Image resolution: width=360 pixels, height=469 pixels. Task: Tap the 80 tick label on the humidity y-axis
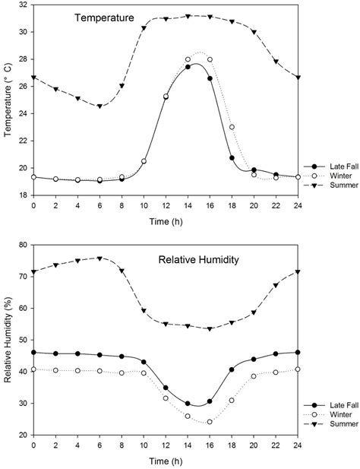tap(24, 246)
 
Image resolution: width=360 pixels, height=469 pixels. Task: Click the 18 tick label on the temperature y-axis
tap(24, 195)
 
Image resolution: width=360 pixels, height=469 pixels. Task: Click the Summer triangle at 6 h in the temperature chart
tap(99, 106)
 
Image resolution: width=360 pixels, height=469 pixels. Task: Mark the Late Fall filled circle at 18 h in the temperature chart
tap(232, 158)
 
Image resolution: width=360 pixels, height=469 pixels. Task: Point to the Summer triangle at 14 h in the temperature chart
tap(188, 16)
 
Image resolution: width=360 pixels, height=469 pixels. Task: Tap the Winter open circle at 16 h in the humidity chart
tap(210, 422)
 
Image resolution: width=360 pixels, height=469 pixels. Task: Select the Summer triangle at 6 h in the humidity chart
tap(99, 258)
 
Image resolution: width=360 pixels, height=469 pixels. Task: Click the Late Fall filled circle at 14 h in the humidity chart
tap(188, 404)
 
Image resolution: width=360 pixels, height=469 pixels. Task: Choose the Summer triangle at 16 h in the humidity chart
tap(210, 329)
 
